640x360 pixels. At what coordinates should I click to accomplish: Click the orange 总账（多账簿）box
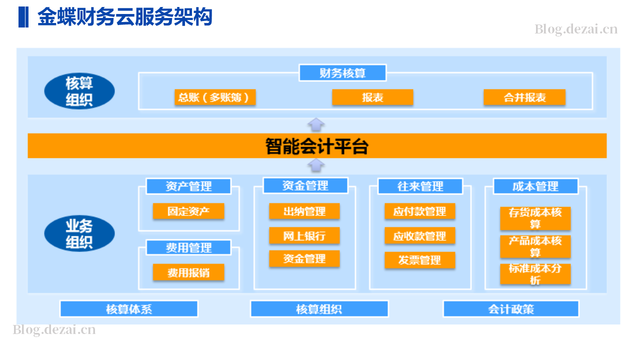[215, 97]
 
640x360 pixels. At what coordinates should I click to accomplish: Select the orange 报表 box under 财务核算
[372, 97]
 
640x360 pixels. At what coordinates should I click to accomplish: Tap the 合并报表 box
[524, 97]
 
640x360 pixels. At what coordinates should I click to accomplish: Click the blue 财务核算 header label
[342, 73]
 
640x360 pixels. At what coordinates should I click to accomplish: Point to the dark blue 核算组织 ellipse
[79, 91]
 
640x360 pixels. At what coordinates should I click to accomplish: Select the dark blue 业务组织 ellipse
[79, 233]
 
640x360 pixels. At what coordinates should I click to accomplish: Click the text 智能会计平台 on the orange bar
[317, 146]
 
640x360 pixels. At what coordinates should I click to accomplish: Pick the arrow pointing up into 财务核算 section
[316, 125]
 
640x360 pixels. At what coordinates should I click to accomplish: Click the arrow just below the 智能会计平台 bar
[316, 165]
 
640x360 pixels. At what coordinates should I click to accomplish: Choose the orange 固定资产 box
[188, 211]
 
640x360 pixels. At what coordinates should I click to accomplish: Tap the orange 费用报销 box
[188, 272]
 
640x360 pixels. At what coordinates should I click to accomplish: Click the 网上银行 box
[304, 235]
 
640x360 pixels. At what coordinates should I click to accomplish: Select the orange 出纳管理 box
[304, 211]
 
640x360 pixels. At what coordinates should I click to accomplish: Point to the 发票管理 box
[419, 260]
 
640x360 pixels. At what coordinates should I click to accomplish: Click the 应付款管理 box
[419, 211]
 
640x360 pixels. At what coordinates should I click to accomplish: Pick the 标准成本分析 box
[535, 274]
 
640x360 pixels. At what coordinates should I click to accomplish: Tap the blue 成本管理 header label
[535, 186]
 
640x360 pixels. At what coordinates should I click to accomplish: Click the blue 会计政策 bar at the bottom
[511, 309]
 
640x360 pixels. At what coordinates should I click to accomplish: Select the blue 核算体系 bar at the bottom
[129, 309]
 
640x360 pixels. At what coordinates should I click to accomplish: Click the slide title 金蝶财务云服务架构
[125, 17]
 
